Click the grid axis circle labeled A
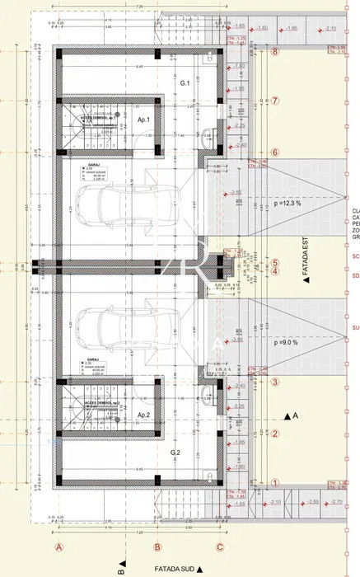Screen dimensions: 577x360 [58, 546]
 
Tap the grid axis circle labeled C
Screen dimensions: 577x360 [220, 546]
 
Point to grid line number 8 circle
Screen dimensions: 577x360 [275, 50]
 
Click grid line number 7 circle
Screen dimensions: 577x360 [275, 101]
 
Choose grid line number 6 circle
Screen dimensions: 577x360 [275, 152]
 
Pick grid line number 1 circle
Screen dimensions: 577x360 [275, 484]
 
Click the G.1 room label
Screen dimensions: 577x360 [185, 84]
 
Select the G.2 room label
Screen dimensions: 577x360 [175, 453]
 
